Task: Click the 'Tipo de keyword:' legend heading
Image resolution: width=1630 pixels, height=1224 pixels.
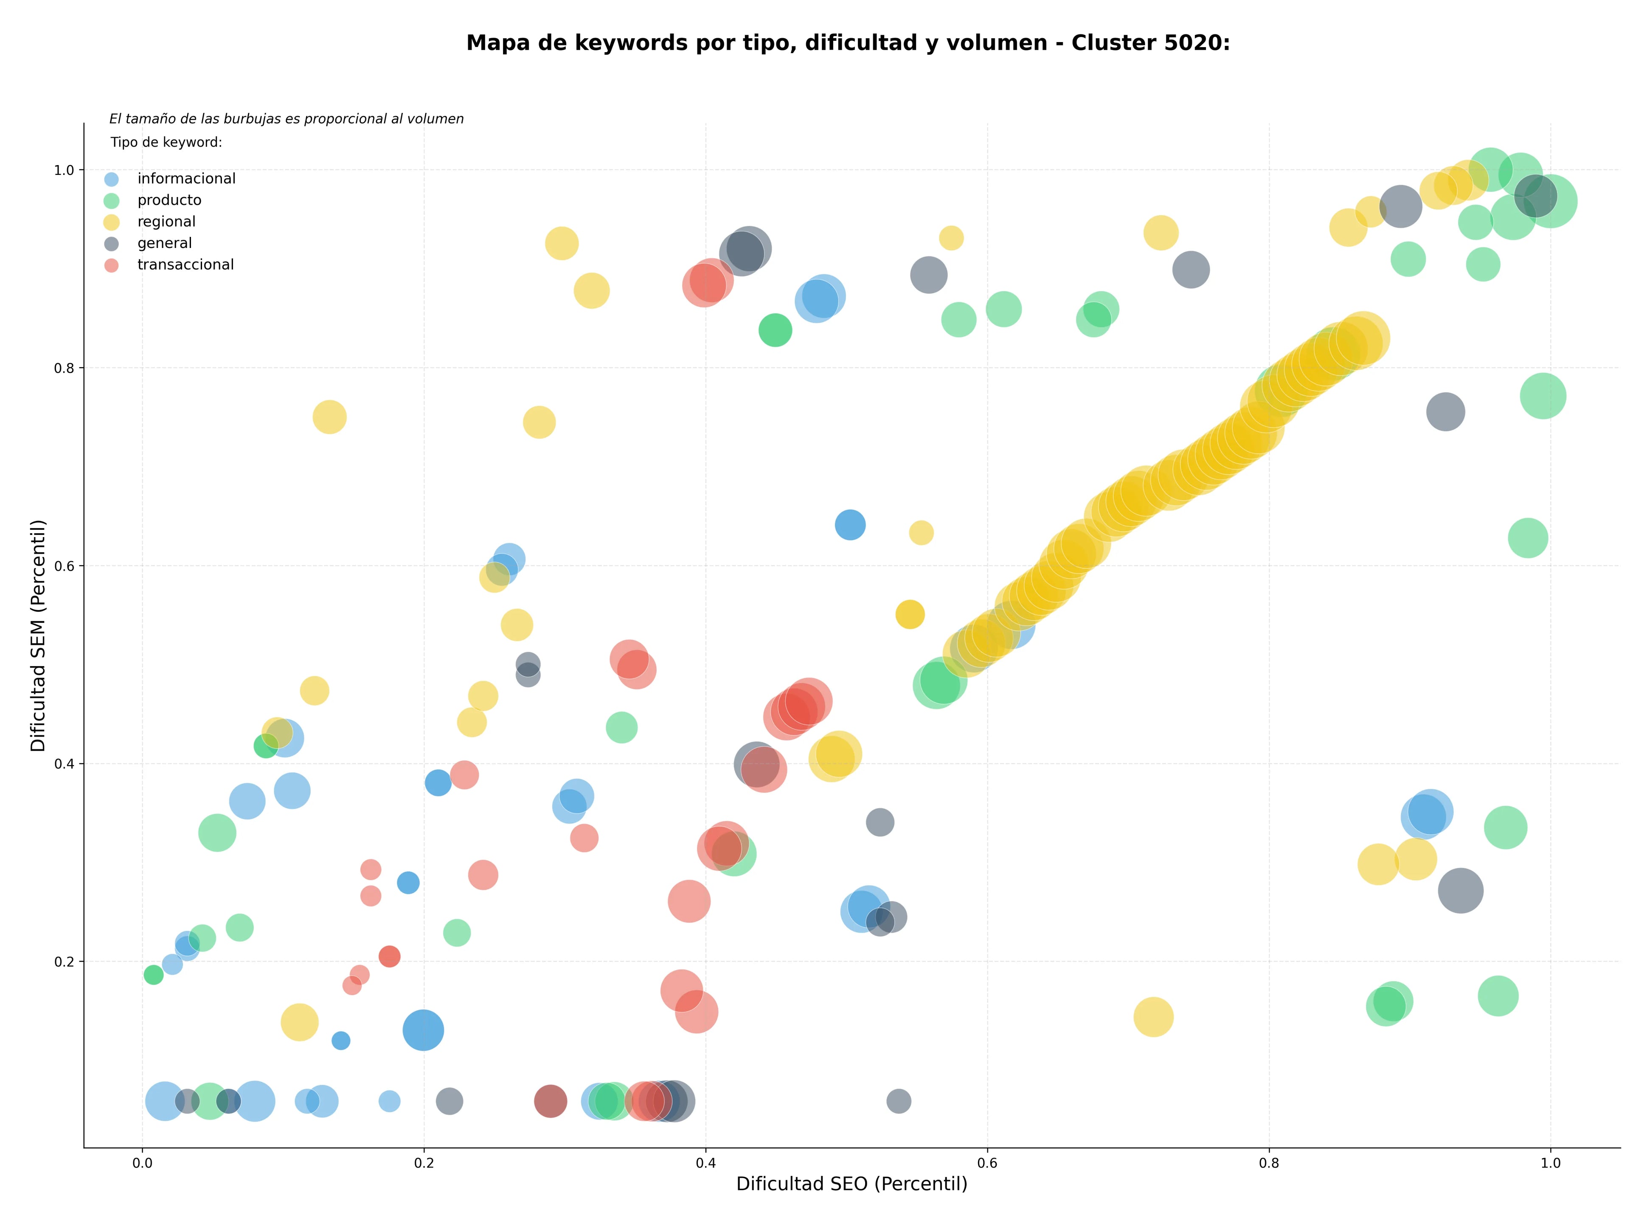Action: point(166,142)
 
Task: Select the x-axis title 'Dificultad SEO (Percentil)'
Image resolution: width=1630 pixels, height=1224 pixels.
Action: point(852,1184)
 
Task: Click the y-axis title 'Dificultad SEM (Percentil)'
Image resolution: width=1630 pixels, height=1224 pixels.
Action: point(38,635)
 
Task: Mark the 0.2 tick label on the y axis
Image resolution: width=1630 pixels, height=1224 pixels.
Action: point(65,962)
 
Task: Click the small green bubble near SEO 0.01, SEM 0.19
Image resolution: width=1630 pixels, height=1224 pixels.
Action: point(153,975)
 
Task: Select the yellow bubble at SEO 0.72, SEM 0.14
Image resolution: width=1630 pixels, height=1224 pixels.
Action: point(1153,1017)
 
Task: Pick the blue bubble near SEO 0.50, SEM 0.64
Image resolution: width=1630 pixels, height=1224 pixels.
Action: point(850,525)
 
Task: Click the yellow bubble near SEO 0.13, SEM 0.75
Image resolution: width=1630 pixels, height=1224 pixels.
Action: point(329,417)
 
